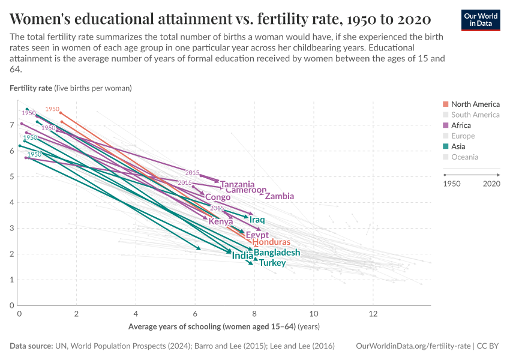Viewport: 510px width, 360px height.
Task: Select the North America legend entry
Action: click(475, 104)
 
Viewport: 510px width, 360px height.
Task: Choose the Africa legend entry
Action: click(461, 125)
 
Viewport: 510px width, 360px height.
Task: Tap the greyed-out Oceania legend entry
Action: click(464, 157)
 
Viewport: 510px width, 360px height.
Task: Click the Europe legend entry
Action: click(462, 136)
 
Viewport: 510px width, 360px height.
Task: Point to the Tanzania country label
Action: click(237, 184)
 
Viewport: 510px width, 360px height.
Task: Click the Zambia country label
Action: click(279, 196)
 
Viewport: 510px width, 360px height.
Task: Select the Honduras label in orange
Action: click(271, 242)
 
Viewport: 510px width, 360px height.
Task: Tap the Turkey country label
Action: click(272, 263)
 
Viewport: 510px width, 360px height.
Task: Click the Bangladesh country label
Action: click(276, 253)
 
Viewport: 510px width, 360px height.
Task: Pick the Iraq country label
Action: click(257, 220)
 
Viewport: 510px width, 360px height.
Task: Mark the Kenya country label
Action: click(220, 221)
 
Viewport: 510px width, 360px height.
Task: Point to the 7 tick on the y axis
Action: click(12, 125)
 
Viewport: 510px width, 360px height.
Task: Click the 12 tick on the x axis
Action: click(372, 314)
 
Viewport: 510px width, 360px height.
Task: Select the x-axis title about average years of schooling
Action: click(224, 327)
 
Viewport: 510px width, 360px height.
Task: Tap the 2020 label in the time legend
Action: click(491, 184)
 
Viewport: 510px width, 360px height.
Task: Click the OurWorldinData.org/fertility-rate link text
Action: click(413, 346)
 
